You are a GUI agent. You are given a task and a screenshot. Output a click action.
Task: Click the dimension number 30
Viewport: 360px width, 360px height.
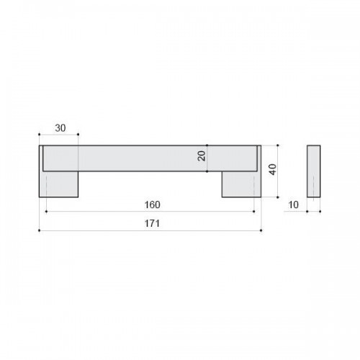[60, 128]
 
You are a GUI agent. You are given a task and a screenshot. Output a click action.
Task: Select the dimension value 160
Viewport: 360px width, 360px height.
[153, 204]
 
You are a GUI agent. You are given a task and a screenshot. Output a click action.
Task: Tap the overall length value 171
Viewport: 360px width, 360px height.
[152, 223]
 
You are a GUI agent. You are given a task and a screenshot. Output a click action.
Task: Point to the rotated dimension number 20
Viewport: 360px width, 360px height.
[202, 156]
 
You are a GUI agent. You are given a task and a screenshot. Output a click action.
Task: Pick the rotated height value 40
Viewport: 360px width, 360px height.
[273, 169]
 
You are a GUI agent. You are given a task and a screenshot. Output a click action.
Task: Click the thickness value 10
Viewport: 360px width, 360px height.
[293, 204]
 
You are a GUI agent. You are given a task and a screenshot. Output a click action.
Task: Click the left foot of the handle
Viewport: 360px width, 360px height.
[59, 184]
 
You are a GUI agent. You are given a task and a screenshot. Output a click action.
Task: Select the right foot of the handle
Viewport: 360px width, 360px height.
[241, 184]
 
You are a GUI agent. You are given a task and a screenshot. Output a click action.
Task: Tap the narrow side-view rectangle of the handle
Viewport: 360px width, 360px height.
[314, 171]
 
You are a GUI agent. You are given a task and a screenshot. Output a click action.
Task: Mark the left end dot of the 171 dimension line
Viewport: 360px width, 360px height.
[39, 230]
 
